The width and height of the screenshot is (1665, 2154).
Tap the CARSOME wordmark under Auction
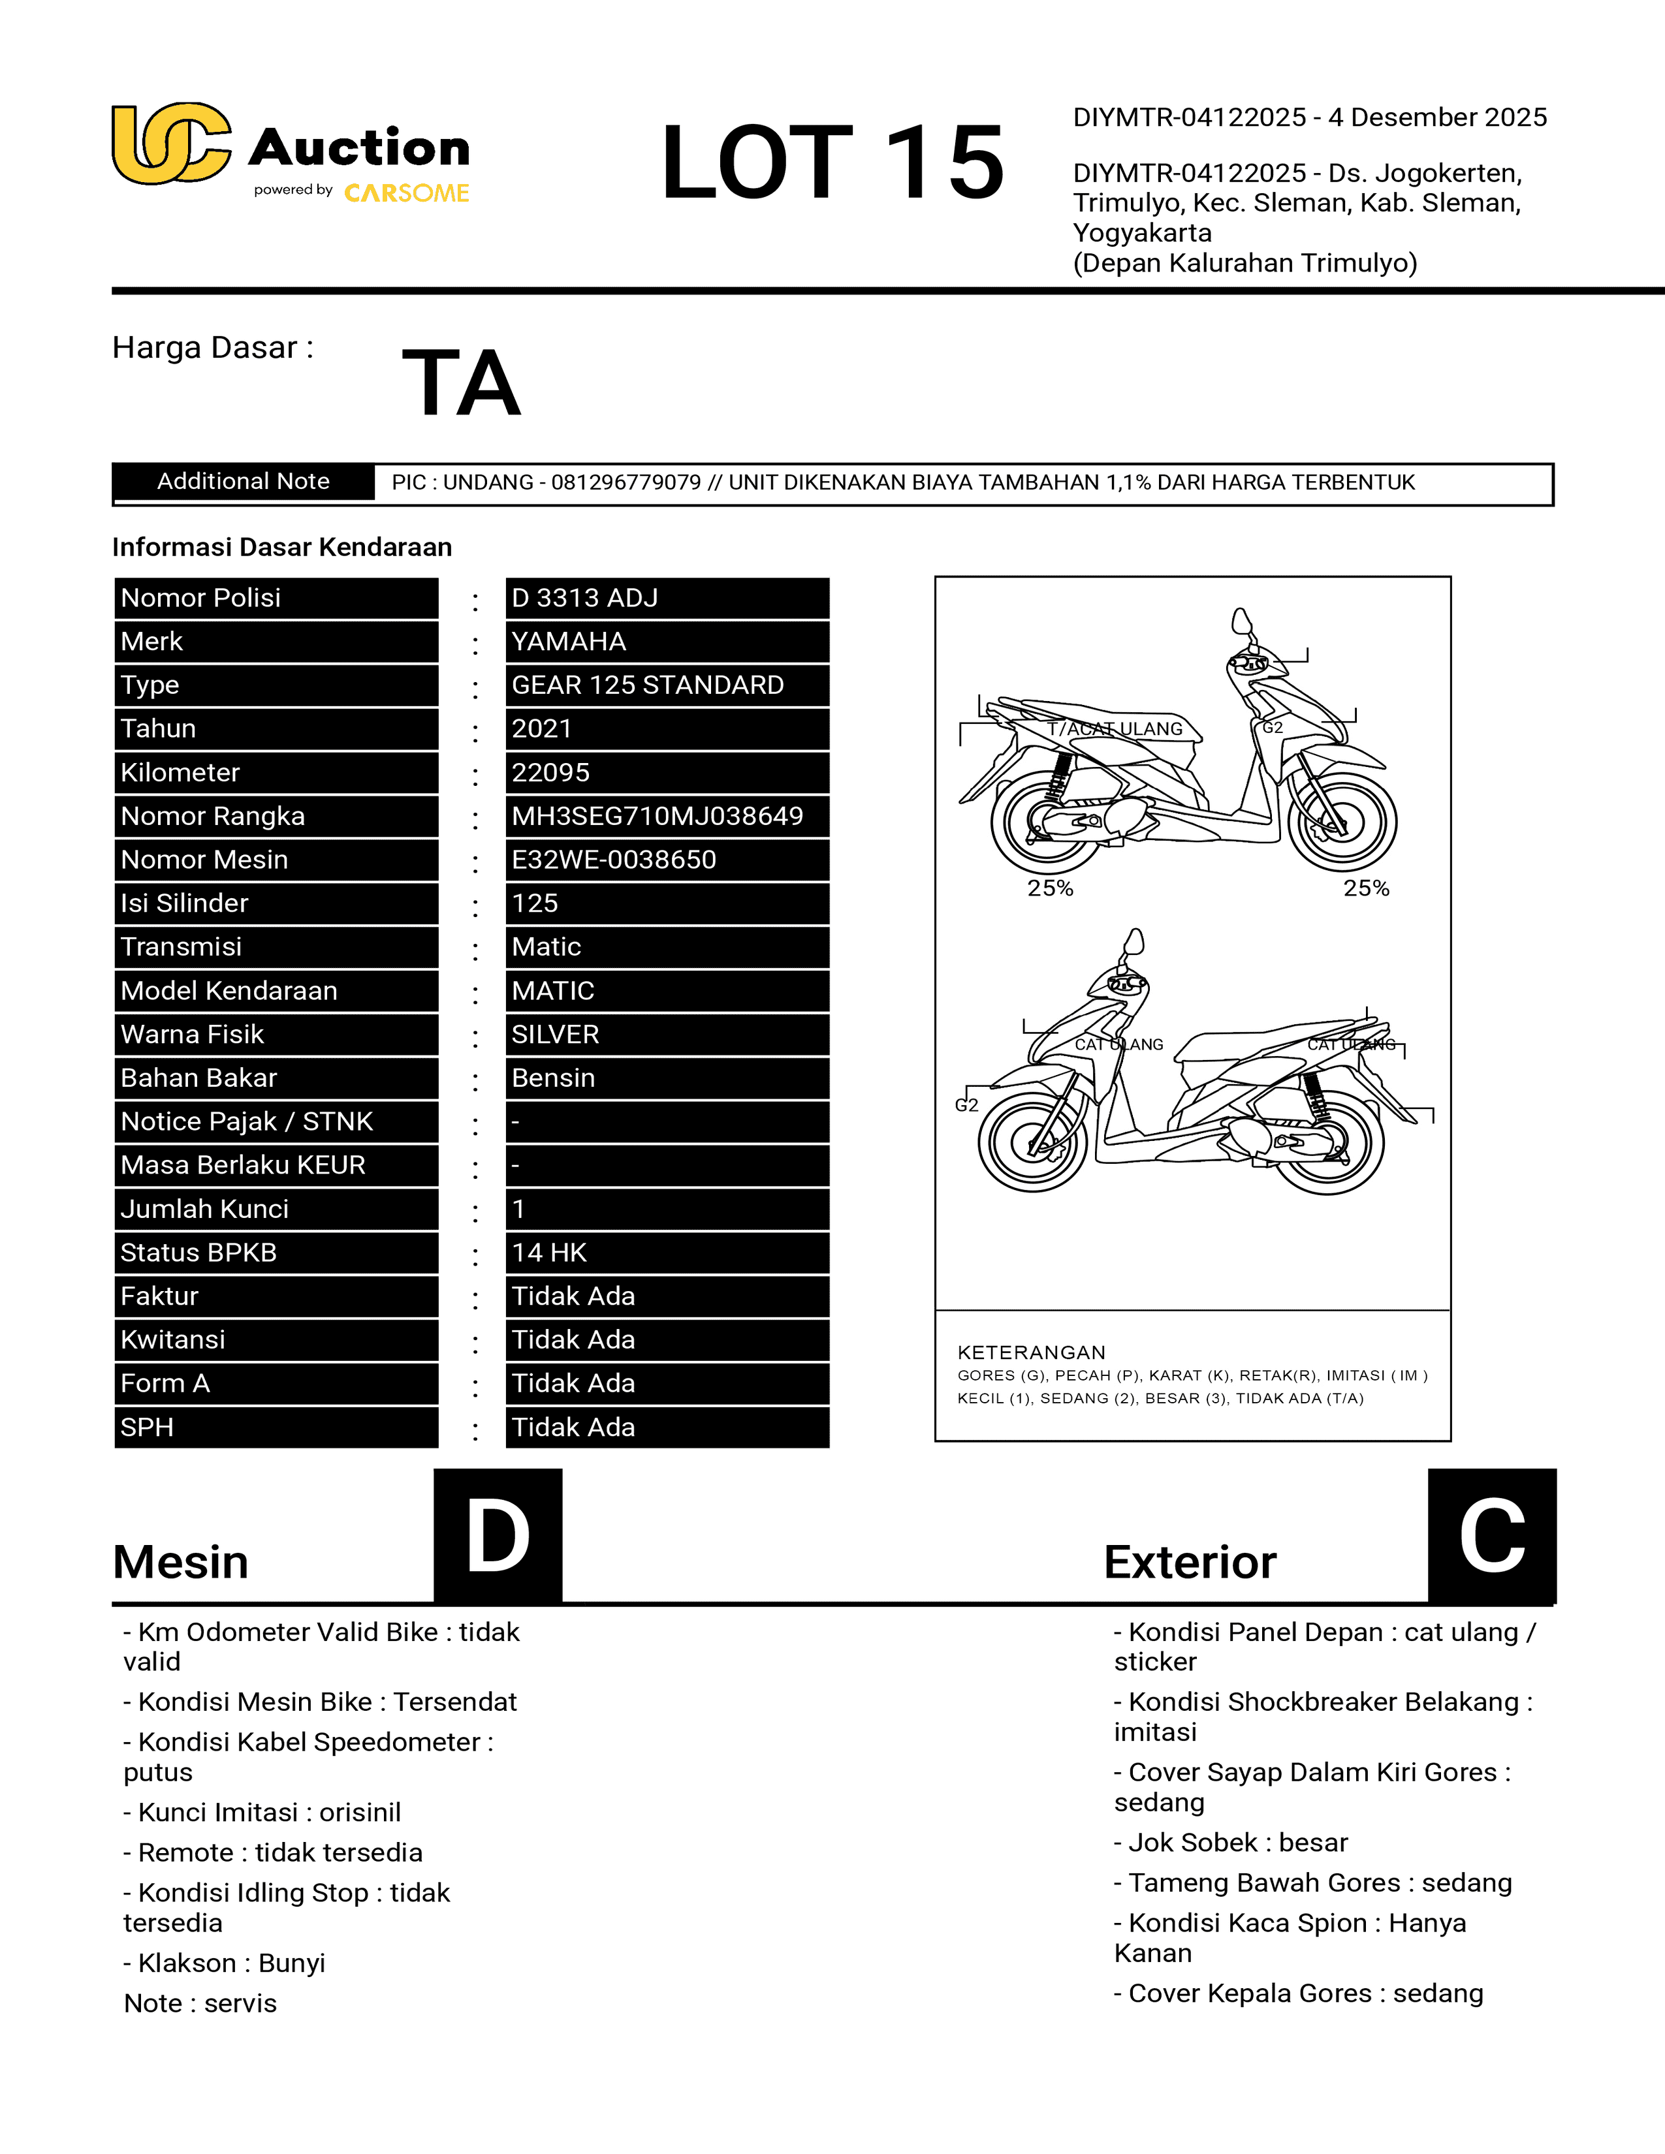tap(406, 193)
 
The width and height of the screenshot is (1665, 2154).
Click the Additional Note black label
tap(244, 481)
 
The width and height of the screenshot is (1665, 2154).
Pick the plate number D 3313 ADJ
tap(585, 598)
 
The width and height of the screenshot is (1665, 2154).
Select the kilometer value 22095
tap(550, 772)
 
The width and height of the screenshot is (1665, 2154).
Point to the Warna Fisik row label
tap(193, 1034)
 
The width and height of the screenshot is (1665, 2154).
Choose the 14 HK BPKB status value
tap(549, 1253)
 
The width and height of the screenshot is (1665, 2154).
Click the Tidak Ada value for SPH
tap(573, 1427)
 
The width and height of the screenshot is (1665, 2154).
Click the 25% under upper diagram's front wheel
tap(1366, 888)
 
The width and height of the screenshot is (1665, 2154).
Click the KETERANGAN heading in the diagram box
tap(1031, 1352)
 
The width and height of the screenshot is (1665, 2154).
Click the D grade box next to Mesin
tap(498, 1536)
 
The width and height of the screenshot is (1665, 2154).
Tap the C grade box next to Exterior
tap(1491, 1536)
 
